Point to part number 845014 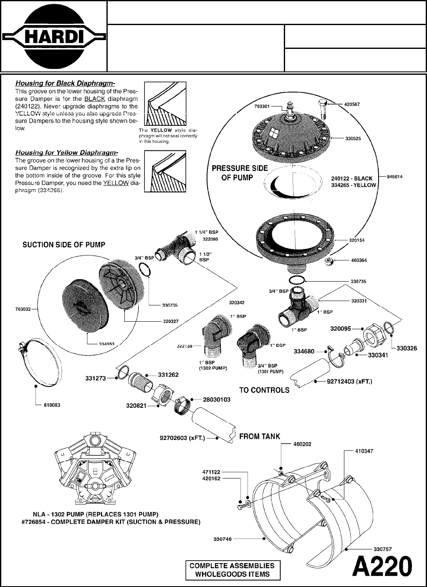(x=394, y=177)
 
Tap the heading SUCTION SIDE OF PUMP (x=63, y=244)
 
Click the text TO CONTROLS (x=264, y=390)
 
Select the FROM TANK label (x=259, y=436)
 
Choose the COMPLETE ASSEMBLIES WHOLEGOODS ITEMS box (x=232, y=570)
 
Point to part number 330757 (x=382, y=549)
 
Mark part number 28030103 (x=216, y=399)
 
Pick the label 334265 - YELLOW (x=353, y=185)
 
